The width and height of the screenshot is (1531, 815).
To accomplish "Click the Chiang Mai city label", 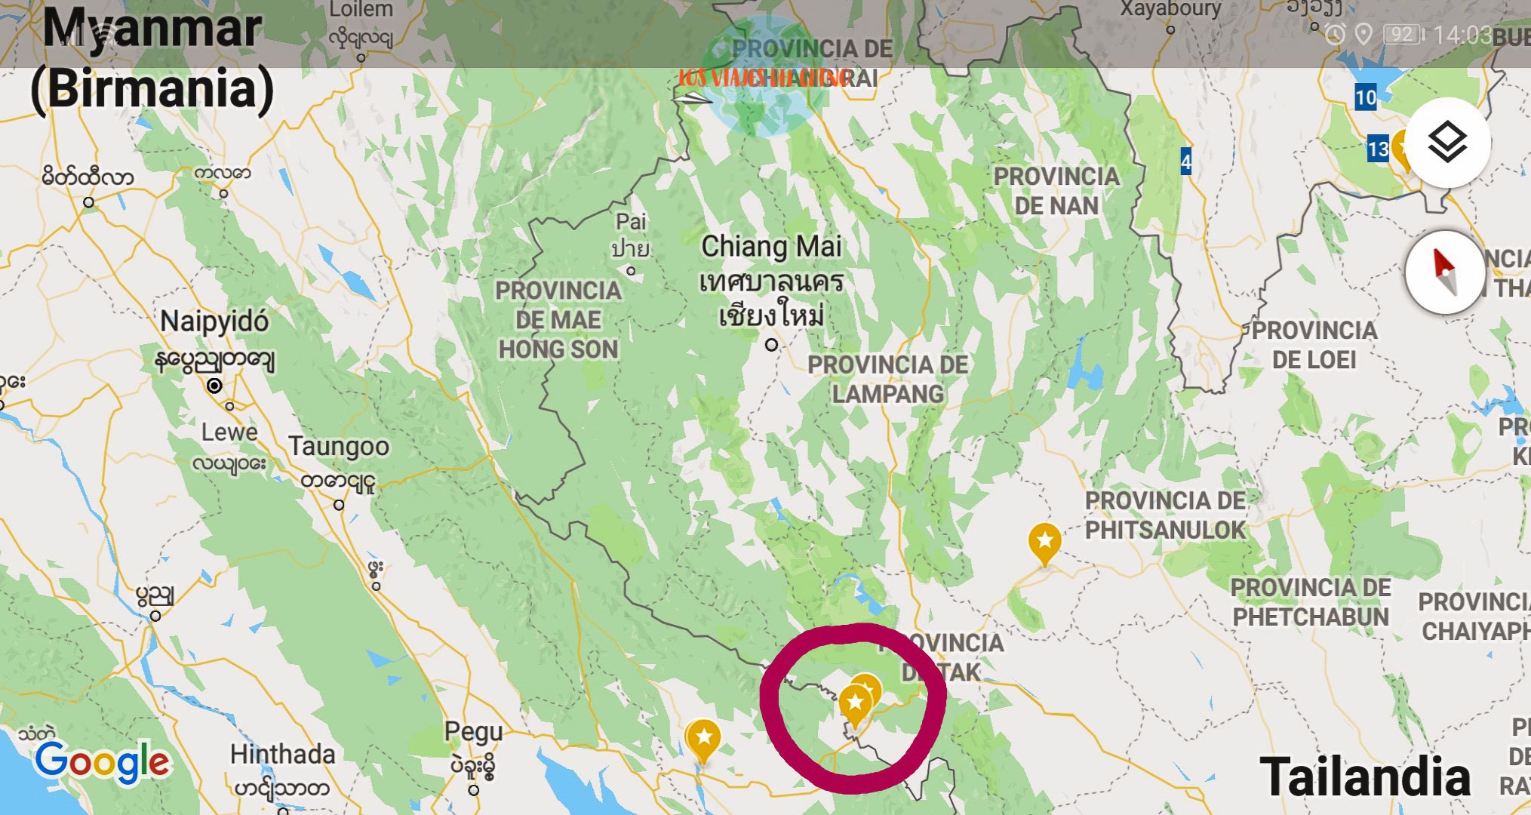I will pyautogui.click(x=770, y=247).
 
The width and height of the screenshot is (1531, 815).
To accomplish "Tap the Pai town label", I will pyautogui.click(x=631, y=222).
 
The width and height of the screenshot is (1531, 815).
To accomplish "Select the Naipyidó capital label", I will pyautogui.click(x=214, y=321).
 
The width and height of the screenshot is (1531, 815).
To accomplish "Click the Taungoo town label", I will pyautogui.click(x=339, y=446).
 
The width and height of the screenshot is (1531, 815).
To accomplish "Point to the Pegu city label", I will pyautogui.click(x=473, y=731).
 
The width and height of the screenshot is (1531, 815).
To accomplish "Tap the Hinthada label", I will pyautogui.click(x=282, y=754).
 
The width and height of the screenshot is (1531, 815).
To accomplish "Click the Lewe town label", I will pyautogui.click(x=229, y=432).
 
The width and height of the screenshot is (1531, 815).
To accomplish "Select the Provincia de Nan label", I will pyautogui.click(x=1056, y=191).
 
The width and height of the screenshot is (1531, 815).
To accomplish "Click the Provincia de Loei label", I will pyautogui.click(x=1314, y=345).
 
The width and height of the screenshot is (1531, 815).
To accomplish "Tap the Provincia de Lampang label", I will pyautogui.click(x=887, y=379).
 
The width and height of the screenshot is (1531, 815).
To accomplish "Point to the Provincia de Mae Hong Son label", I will pyautogui.click(x=558, y=320).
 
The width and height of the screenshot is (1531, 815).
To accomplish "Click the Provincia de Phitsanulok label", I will pyautogui.click(x=1165, y=515).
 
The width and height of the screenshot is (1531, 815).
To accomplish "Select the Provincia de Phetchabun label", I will pyautogui.click(x=1311, y=601).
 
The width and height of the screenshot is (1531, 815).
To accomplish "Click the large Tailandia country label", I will pyautogui.click(x=1365, y=777).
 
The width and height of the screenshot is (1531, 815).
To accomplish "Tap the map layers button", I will pyautogui.click(x=1447, y=142).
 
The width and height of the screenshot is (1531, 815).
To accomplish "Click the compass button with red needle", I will pyautogui.click(x=1444, y=272).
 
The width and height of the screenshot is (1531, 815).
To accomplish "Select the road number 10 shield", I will pyautogui.click(x=1365, y=97).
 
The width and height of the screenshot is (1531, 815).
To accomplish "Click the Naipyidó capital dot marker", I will pyautogui.click(x=214, y=386).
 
